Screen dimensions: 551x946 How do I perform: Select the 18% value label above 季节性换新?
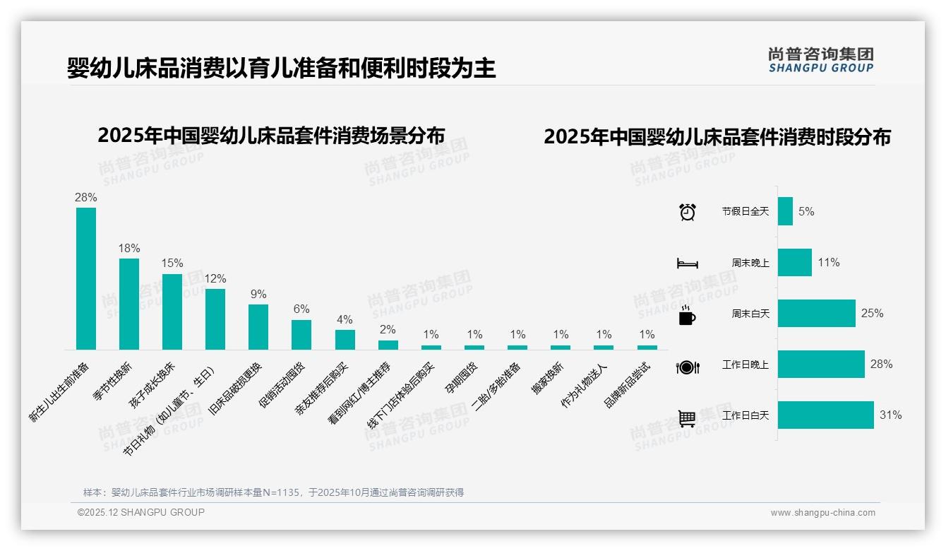tap(129, 249)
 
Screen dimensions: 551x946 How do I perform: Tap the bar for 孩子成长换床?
tap(172, 312)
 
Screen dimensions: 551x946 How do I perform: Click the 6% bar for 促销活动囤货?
tap(301, 335)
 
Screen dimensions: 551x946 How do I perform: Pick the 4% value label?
tap(345, 320)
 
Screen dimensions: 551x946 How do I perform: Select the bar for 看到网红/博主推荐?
tap(388, 345)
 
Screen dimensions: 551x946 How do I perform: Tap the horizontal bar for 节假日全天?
tap(785, 211)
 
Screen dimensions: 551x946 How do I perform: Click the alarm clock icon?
tap(687, 212)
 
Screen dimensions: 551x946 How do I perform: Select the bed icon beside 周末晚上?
tap(687, 263)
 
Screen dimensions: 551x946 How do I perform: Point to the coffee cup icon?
tap(687, 315)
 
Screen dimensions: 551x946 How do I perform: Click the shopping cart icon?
tap(687, 418)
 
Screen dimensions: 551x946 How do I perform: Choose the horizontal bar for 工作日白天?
tap(825, 415)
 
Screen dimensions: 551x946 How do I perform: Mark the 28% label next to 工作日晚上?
tap(881, 365)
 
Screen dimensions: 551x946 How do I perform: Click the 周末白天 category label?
tap(750, 314)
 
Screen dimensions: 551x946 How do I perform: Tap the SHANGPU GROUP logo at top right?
tap(820, 60)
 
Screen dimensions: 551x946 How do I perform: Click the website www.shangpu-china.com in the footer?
tap(822, 513)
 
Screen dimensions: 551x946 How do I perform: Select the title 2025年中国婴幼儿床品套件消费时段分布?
tap(717, 137)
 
